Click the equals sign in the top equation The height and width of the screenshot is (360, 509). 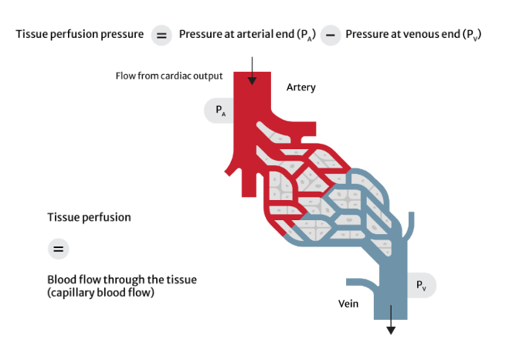click(x=161, y=36)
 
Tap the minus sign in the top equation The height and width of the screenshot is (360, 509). click(x=330, y=36)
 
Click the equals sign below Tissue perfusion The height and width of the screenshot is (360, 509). click(x=58, y=249)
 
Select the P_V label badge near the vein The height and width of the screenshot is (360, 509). click(x=421, y=286)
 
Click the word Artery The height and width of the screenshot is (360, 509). click(x=300, y=87)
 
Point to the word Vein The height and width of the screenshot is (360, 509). click(x=348, y=304)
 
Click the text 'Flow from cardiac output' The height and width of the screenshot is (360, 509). click(x=169, y=76)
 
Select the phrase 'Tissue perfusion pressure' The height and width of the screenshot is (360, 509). click(x=80, y=35)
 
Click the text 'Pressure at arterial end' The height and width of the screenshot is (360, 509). click(x=236, y=35)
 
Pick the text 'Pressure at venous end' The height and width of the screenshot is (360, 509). click(x=402, y=35)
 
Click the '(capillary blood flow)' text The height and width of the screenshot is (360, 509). click(x=101, y=292)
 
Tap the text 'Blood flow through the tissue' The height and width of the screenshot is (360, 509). click(x=122, y=280)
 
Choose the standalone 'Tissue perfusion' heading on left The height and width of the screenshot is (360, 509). click(x=89, y=217)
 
